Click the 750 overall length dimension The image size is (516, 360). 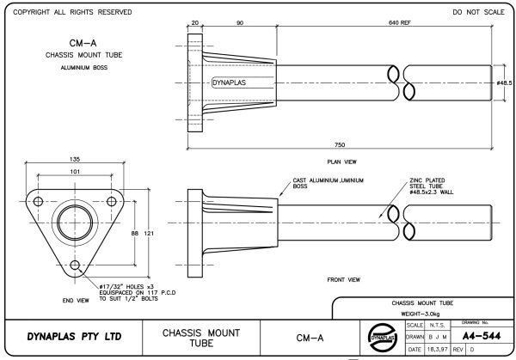point(340,144)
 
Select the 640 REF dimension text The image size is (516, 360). point(400,22)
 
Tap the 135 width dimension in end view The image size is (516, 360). point(75,159)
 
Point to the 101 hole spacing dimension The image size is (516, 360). point(75,172)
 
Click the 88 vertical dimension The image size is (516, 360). point(135,233)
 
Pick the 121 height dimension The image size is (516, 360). point(149,233)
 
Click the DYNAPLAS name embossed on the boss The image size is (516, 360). point(230,82)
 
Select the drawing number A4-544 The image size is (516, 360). point(481,336)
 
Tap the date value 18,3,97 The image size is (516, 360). point(438,349)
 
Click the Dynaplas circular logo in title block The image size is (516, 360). point(382,338)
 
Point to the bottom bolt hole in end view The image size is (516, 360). point(75,265)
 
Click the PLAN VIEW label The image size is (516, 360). point(342,162)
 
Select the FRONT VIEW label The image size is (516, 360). point(343,280)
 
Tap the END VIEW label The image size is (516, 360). point(76,301)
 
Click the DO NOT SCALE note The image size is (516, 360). point(478,12)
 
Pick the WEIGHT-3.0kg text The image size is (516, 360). point(421,314)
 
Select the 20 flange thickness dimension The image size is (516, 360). point(195,22)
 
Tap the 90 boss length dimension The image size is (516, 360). point(240,22)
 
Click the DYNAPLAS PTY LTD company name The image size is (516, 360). point(74,337)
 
